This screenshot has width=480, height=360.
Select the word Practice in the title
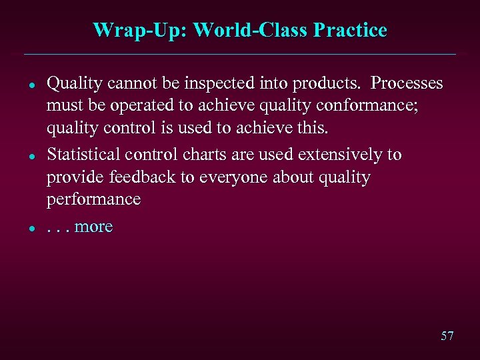(353, 30)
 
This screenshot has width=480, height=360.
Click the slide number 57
(447, 335)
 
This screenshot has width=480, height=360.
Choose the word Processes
(407, 83)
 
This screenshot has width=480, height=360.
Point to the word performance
(93, 199)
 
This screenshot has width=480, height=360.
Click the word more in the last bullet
(93, 227)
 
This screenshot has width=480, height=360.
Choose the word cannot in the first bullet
(125, 83)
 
